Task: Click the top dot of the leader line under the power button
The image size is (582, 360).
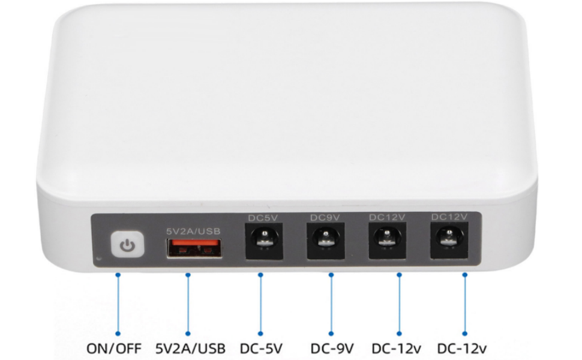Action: tap(118, 275)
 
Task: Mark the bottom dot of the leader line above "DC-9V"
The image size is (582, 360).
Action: tap(331, 334)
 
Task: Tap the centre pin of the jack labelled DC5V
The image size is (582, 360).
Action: tap(264, 234)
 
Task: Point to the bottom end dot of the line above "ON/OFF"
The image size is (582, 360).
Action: tap(118, 334)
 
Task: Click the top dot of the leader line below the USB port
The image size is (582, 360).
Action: tap(188, 275)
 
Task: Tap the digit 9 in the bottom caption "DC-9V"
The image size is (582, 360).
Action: tap(338, 349)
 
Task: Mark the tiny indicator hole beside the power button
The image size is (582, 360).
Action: tap(98, 259)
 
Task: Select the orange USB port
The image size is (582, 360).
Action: tap(194, 248)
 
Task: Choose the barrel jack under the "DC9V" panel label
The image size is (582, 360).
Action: tap(326, 241)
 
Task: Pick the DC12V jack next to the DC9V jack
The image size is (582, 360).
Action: tap(387, 241)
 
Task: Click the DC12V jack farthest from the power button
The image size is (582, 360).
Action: tap(449, 241)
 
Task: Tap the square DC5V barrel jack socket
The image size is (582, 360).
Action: tap(264, 241)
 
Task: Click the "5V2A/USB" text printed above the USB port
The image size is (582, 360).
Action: tap(193, 231)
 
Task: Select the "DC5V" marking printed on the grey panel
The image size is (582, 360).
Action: tap(263, 218)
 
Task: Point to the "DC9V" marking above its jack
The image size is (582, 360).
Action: tap(325, 217)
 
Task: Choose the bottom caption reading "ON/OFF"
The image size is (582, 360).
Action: tap(114, 349)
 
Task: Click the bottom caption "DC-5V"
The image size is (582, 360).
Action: tap(262, 349)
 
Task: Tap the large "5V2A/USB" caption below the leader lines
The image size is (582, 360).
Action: tap(190, 349)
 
